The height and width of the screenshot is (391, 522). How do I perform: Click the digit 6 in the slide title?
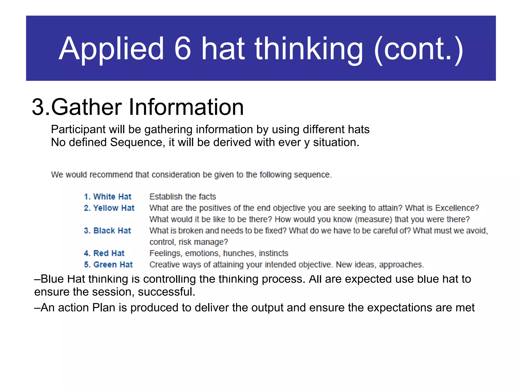(182, 48)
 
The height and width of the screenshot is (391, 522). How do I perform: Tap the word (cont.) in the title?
(418, 49)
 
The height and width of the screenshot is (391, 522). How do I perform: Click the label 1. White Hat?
(108, 197)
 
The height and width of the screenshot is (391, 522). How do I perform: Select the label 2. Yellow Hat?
(109, 208)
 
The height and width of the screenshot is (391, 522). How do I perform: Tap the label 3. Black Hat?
(107, 231)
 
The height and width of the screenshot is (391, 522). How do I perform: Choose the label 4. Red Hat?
(104, 253)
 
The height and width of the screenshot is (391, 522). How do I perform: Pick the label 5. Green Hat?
(108, 265)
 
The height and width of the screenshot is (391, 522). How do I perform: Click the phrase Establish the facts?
(182, 197)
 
